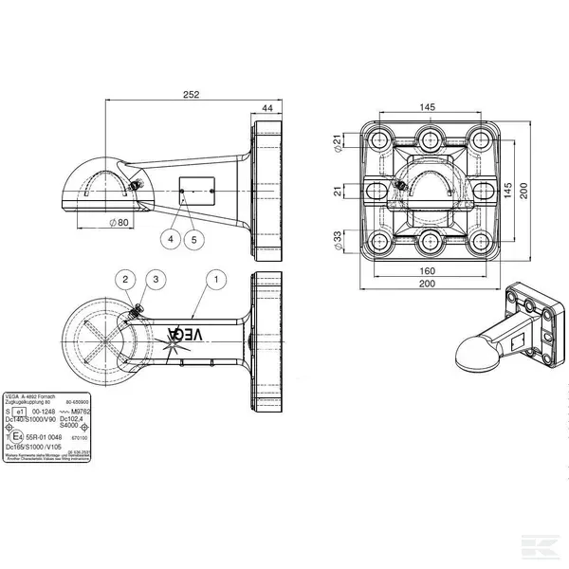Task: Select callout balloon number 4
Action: [171, 239]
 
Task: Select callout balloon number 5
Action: [193, 239]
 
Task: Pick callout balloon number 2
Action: [125, 279]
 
